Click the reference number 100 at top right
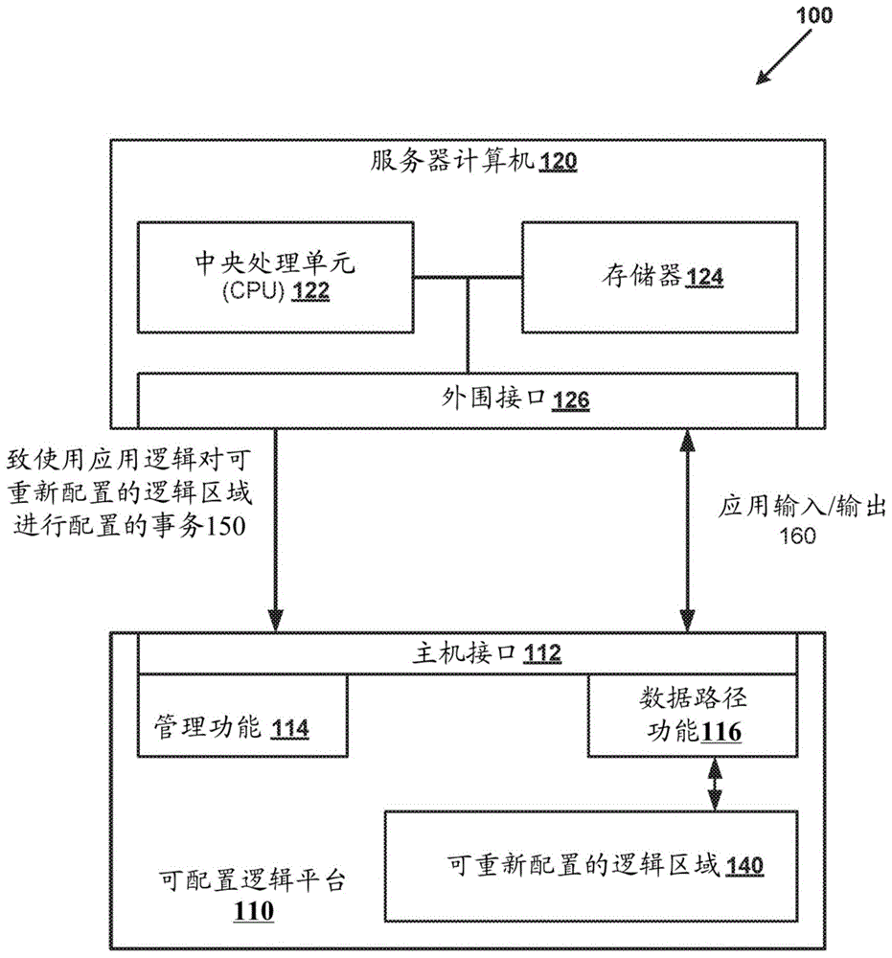813,15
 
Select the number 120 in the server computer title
558,163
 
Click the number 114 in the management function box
289,729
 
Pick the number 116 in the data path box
721,733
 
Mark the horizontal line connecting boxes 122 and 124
467,278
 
